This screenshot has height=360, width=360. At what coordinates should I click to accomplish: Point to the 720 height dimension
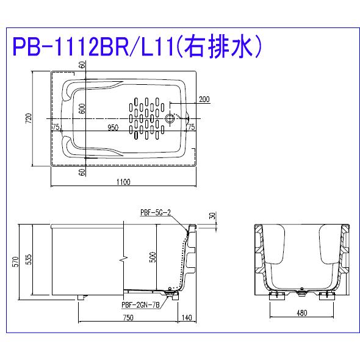click(28, 118)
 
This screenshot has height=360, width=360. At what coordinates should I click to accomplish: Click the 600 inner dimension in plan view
click(82, 108)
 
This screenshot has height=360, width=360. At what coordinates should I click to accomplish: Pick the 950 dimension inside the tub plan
click(113, 127)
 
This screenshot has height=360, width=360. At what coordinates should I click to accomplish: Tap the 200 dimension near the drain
click(204, 99)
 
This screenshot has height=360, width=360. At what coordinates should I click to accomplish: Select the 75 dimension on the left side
click(56, 127)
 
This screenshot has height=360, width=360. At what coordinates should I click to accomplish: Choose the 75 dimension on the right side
click(190, 127)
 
